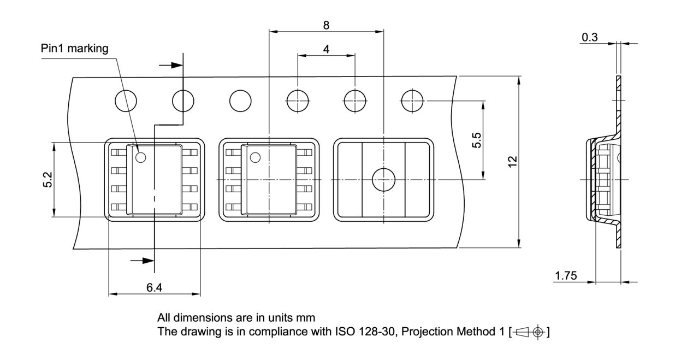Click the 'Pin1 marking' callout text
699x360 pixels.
[x=75, y=49]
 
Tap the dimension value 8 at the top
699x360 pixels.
[x=326, y=25]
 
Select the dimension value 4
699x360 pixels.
[x=326, y=49]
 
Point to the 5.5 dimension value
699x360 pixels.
[x=477, y=140]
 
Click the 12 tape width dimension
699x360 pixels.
[x=512, y=162]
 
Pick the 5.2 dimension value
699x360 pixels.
[x=48, y=180]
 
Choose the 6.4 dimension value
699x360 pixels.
[x=154, y=287]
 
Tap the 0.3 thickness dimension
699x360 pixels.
[x=589, y=37]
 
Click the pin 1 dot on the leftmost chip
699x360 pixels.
[x=140, y=158]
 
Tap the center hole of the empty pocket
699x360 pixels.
[x=383, y=180]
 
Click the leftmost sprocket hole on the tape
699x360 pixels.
[x=126, y=101]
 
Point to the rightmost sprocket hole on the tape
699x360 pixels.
[x=412, y=101]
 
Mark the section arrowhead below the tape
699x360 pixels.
[x=147, y=261]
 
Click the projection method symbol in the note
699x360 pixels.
[x=529, y=332]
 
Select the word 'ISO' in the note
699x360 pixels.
[x=345, y=332]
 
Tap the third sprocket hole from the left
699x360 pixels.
[x=240, y=101]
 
